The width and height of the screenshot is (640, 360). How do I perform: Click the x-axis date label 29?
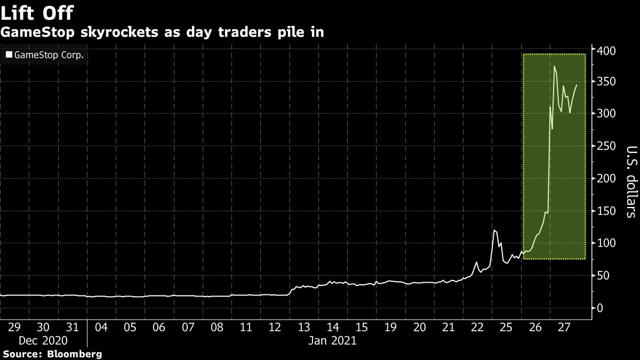(x=14, y=326)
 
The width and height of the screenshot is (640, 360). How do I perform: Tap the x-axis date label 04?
(x=101, y=326)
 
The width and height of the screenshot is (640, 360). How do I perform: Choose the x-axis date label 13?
(x=303, y=326)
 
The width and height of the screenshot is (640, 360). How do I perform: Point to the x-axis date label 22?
(x=477, y=326)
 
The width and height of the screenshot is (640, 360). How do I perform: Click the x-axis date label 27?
(x=564, y=326)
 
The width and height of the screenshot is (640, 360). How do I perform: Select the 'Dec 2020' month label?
(x=44, y=340)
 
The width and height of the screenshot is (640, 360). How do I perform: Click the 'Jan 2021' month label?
(x=332, y=340)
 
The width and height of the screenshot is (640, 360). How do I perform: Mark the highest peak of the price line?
(x=555, y=67)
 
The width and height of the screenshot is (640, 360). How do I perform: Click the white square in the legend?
(x=9, y=55)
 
